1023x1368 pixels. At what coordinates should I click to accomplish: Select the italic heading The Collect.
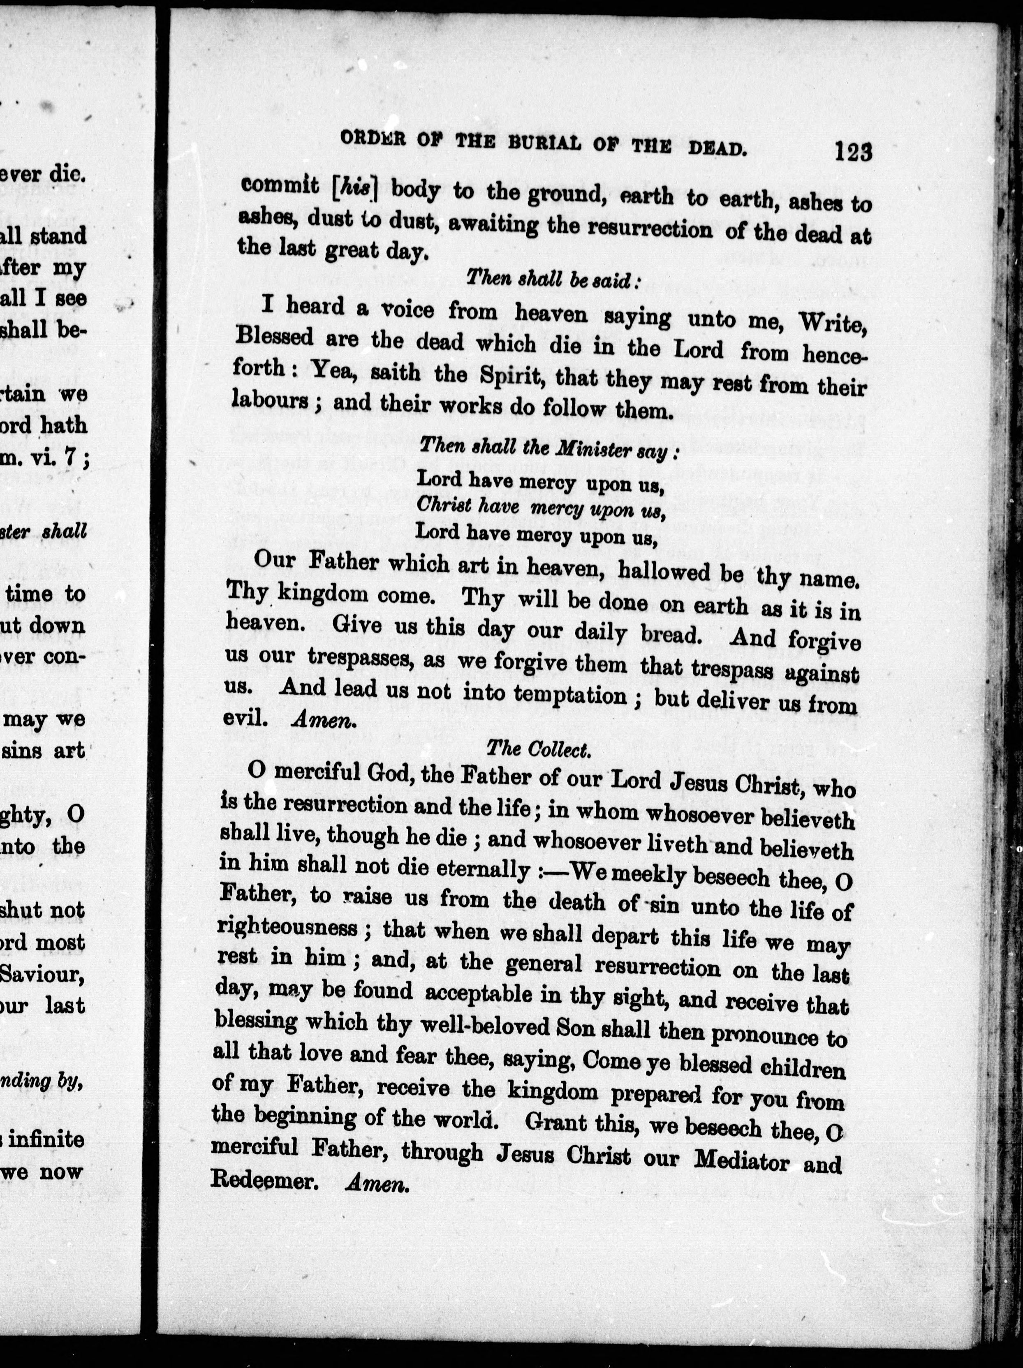point(539,749)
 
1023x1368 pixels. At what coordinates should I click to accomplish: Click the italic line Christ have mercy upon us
point(540,508)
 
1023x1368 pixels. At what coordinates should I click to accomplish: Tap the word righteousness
point(296,928)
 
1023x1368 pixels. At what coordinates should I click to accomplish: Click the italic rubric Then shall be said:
point(552,279)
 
